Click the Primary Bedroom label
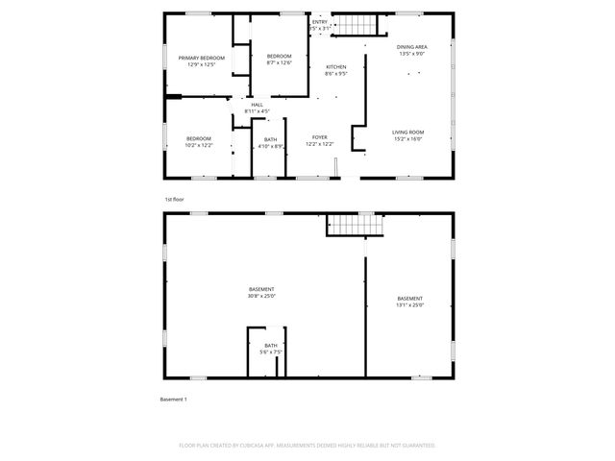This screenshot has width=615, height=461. click(202, 59)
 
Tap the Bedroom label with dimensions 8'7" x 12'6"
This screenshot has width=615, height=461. click(279, 57)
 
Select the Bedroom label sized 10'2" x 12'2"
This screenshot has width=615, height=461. click(199, 138)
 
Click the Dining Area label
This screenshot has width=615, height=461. click(412, 47)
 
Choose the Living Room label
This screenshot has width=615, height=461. click(407, 132)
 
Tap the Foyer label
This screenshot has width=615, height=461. click(319, 137)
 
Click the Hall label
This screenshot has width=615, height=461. click(257, 105)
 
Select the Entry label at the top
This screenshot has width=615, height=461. click(319, 22)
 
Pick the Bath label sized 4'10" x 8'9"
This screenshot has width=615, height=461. click(270, 139)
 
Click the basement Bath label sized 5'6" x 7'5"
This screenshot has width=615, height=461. click(271, 345)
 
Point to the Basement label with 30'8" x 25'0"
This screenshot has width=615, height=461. click(261, 289)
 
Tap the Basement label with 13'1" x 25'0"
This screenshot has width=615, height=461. click(409, 299)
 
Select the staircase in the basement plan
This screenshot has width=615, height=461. click(355, 225)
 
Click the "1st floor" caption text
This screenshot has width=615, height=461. click(173, 199)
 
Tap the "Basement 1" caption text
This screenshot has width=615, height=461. click(173, 399)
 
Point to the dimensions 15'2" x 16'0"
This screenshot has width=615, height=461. click(407, 138)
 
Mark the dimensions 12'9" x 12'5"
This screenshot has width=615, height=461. click(202, 64)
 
